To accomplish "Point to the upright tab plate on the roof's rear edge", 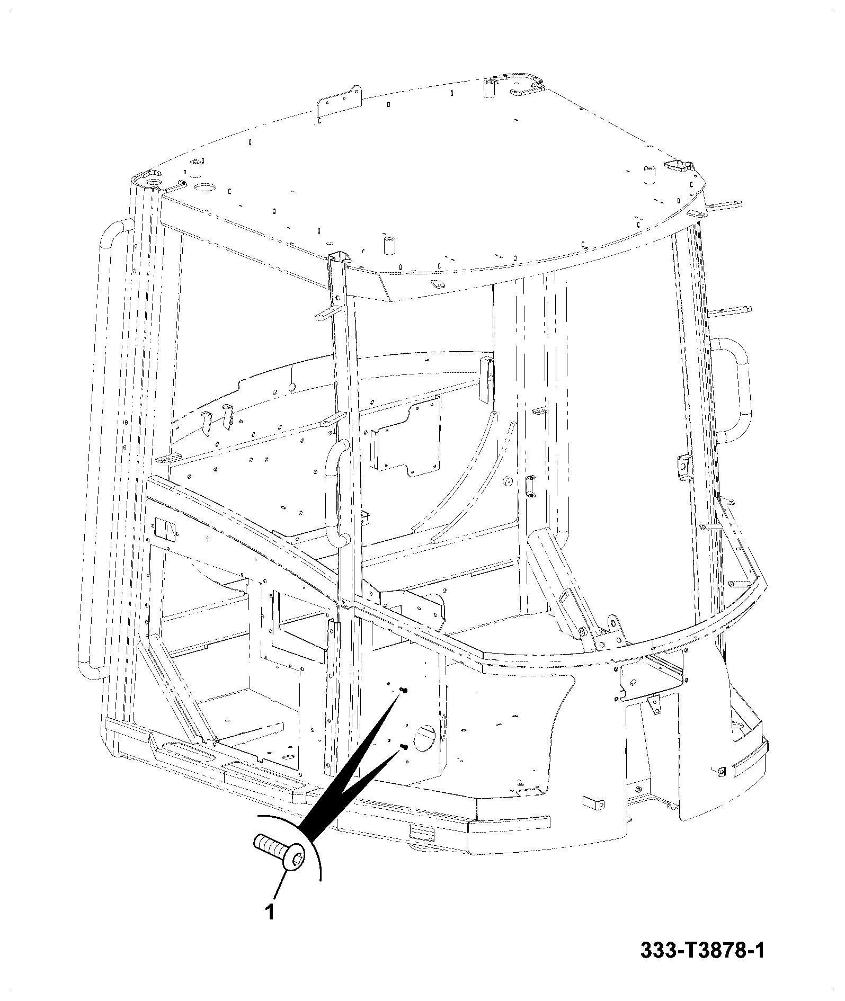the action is point(338,102).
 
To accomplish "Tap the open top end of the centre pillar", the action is point(340,258).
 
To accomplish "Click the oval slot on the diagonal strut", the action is point(565,597).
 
